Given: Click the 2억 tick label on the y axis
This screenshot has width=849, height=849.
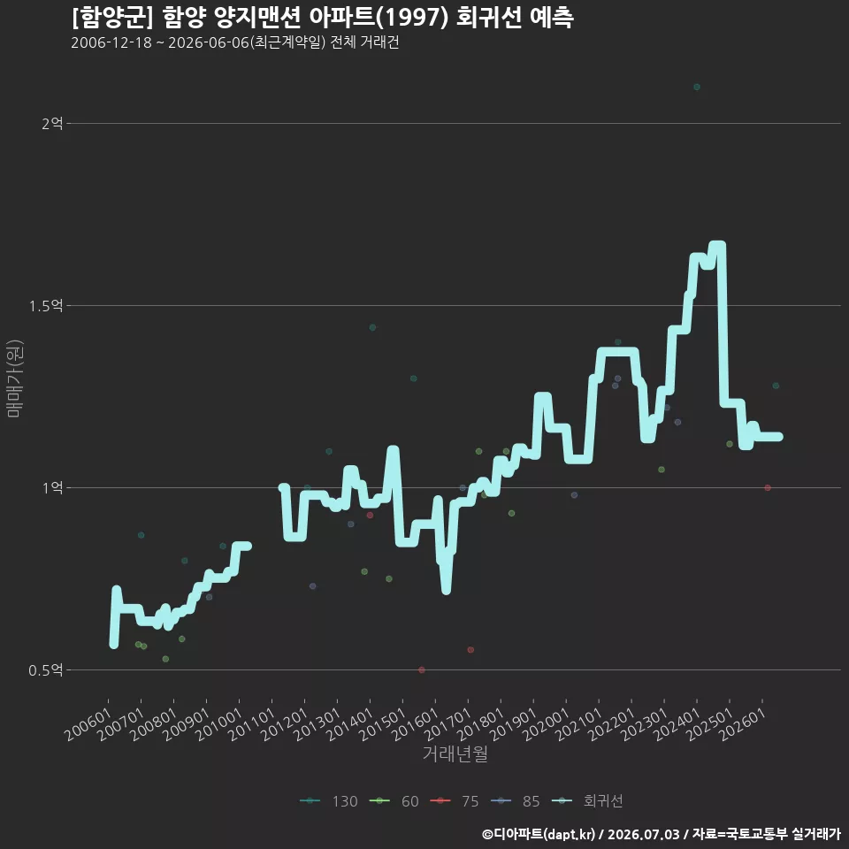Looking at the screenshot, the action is pyautogui.click(x=52, y=124).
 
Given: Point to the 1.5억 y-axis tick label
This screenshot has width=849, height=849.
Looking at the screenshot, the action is pyautogui.click(x=46, y=307).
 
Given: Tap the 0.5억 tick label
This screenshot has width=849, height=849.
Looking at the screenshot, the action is pyautogui.click(x=46, y=670).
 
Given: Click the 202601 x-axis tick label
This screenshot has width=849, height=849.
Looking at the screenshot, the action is pyautogui.click(x=743, y=725).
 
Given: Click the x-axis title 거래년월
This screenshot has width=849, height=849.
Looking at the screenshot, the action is pyautogui.click(x=455, y=753).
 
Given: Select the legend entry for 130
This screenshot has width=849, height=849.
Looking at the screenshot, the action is pyautogui.click(x=329, y=801).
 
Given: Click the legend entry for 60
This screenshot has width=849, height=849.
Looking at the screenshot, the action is pyautogui.click(x=394, y=801).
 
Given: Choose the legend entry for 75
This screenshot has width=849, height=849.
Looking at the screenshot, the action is pyautogui.click(x=455, y=801).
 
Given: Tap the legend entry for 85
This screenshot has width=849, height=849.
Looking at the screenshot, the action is pyautogui.click(x=515, y=801).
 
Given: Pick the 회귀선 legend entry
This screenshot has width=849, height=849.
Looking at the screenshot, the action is pyautogui.click(x=587, y=801).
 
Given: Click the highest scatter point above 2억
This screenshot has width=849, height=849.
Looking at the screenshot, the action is pyautogui.click(x=697, y=88).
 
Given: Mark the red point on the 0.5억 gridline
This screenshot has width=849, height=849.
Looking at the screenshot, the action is pyautogui.click(x=422, y=670).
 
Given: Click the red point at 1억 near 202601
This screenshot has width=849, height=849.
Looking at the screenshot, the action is pyautogui.click(x=768, y=488).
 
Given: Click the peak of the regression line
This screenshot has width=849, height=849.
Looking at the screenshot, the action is pyautogui.click(x=717, y=245).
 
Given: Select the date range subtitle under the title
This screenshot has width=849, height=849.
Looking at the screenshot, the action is pyautogui.click(x=235, y=42).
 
